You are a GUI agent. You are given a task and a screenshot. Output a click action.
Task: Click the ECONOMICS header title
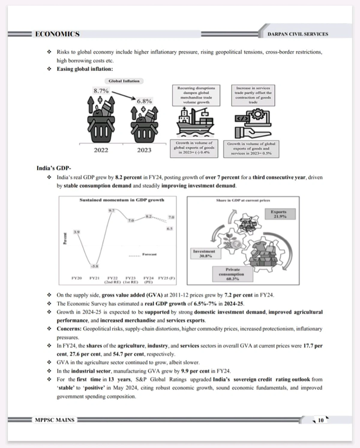coord(57,34)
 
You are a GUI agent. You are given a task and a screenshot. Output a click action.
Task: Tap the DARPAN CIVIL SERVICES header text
coord(298,34)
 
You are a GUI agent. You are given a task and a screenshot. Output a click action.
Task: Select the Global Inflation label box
coord(124,81)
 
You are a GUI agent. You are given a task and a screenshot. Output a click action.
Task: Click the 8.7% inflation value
coord(101,91)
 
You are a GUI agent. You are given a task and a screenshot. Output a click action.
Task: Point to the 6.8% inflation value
coord(144,101)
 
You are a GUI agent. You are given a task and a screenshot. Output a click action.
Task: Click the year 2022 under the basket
coord(101,150)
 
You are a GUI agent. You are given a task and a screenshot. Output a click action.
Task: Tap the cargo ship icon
coord(195,122)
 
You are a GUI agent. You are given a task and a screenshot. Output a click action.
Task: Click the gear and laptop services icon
coord(253,123)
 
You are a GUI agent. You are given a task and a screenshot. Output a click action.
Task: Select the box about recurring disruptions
coord(196,95)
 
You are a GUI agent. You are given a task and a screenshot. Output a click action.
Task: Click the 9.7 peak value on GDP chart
coord(111,210)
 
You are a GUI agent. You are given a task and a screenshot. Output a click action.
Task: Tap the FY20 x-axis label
coord(76,278)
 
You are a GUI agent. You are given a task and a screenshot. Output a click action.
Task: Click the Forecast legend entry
coord(149,254)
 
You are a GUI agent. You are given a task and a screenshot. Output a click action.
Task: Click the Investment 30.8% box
coord(204,254)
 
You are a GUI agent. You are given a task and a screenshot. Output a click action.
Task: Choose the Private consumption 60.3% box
coord(232,274)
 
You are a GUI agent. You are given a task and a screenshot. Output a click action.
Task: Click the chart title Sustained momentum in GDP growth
coord(121,200)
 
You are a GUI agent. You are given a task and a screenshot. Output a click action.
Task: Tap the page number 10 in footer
coord(320,420)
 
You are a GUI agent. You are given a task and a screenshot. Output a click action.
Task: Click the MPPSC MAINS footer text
coord(55,420)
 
